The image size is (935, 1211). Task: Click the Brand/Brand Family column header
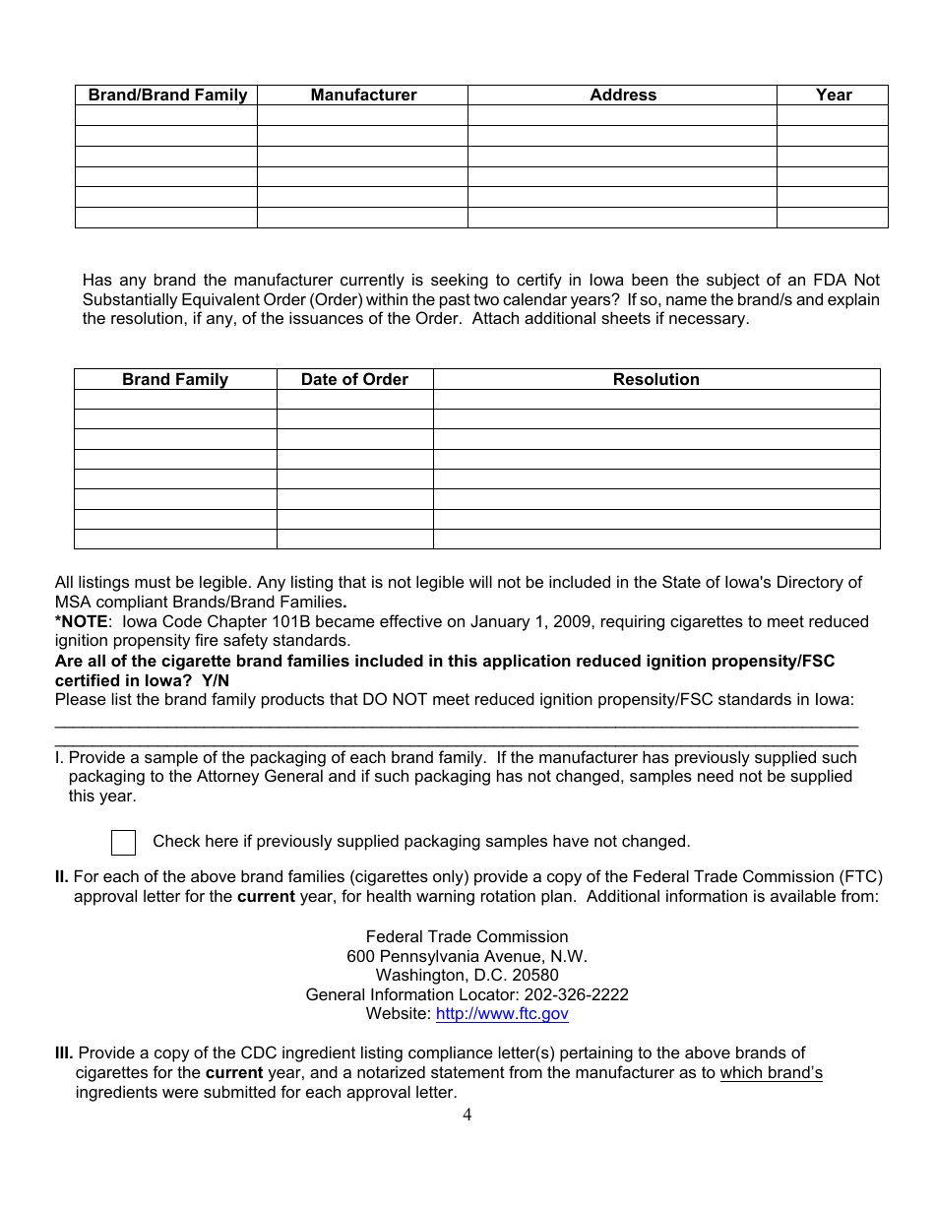coord(167,96)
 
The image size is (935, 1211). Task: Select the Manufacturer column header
coord(363,96)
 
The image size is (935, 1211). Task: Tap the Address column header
coord(623,96)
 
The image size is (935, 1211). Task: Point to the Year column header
coord(834,96)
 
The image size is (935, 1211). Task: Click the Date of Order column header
coord(354,380)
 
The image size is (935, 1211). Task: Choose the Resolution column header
coord(656,380)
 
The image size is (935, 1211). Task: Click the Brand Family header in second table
coord(175,380)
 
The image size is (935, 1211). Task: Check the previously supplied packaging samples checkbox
coord(124,843)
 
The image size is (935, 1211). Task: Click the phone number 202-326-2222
coord(576,994)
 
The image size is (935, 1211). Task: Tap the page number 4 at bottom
coord(467,1115)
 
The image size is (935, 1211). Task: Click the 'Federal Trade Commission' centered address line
coord(467,936)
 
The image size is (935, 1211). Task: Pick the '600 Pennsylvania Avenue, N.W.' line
coord(467,956)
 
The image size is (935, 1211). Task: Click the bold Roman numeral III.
coord(64,1053)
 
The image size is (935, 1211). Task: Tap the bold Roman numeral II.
coord(61,876)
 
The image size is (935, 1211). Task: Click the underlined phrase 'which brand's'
coord(771,1073)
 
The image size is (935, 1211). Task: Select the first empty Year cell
coord(834,115)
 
